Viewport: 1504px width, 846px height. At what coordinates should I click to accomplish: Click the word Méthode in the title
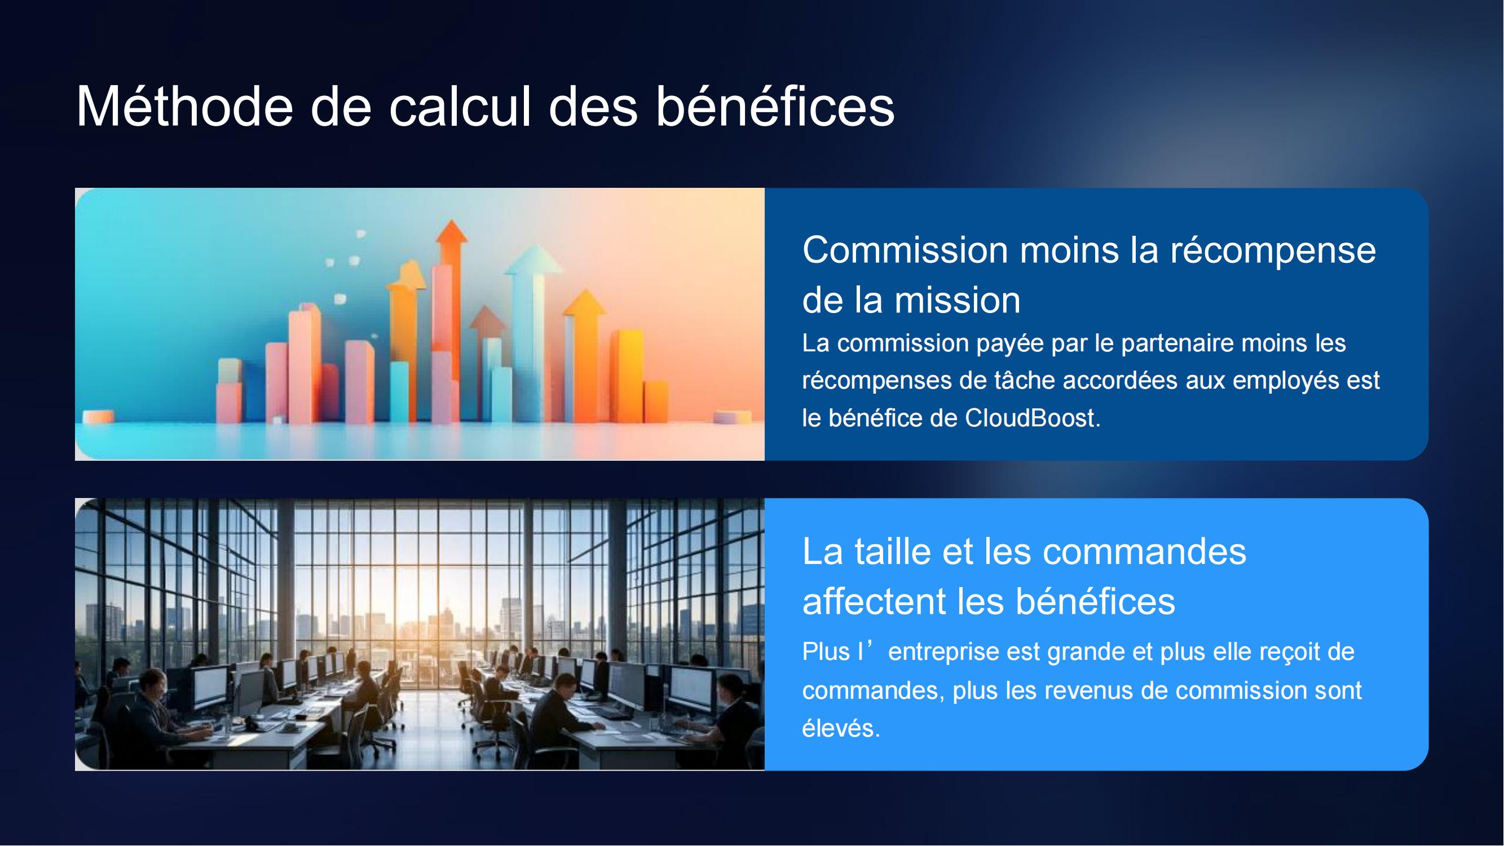coord(184,106)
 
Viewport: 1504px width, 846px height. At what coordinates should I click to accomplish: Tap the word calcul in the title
coord(460,106)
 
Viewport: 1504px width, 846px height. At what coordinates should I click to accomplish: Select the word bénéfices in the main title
coord(775,106)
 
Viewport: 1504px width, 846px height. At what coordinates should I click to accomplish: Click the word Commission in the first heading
coord(905,250)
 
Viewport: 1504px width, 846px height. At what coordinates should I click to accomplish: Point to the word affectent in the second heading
coord(874,601)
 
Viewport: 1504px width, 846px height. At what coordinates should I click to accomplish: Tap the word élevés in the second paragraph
coord(841,728)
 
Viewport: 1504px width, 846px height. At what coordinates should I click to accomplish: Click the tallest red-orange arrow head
coord(452,232)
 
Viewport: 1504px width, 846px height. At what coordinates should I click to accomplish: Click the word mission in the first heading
coord(958,301)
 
